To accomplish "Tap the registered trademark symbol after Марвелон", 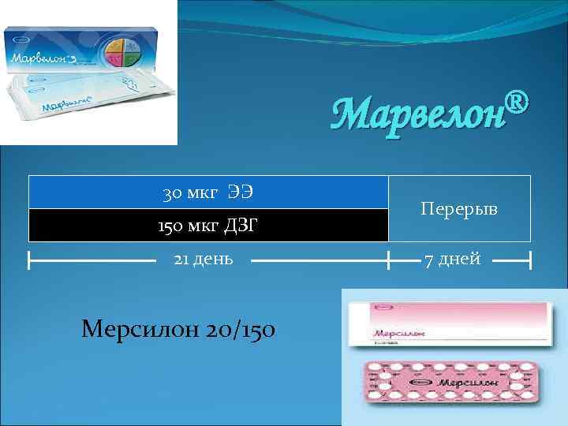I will pyautogui.click(x=514, y=100).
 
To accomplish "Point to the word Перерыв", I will pyautogui.click(x=460, y=209).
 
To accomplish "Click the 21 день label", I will pyautogui.click(x=204, y=259).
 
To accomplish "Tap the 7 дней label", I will pyautogui.click(x=452, y=259).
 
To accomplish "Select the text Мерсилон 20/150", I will pyautogui.click(x=178, y=328).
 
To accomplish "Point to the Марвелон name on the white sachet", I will pyautogui.click(x=64, y=105).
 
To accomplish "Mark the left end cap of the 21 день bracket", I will pyautogui.click(x=28, y=259).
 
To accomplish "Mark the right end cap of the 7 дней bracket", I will pyautogui.click(x=530, y=259).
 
